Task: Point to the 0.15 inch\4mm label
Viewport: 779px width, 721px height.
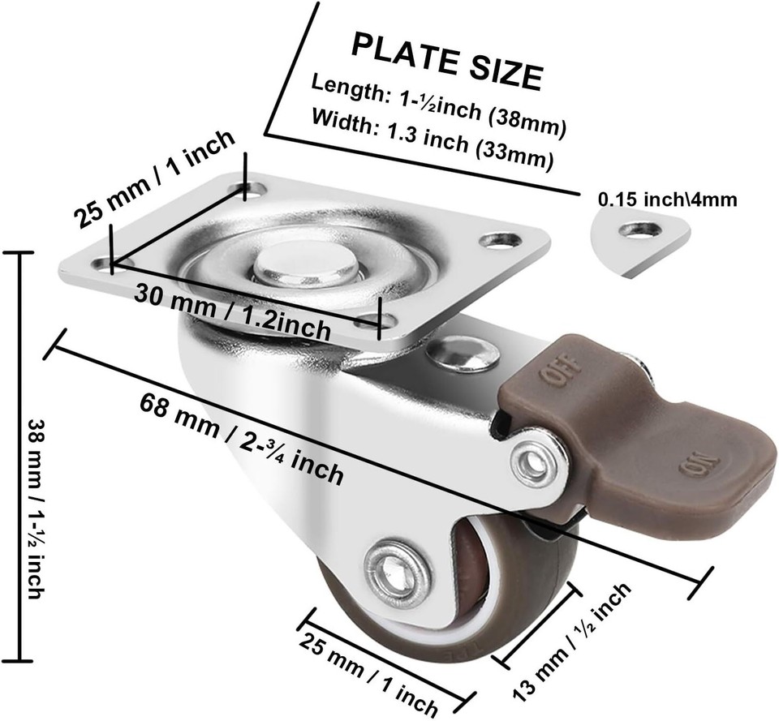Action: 667,200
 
